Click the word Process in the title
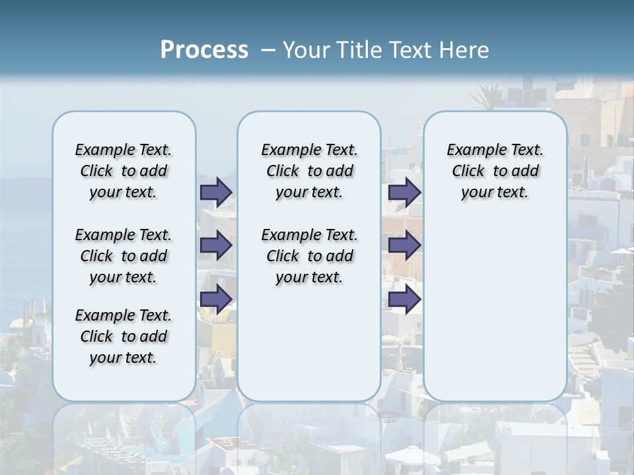(x=204, y=49)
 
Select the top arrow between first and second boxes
(x=215, y=192)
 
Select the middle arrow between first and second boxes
(x=215, y=245)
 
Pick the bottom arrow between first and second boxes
(x=215, y=299)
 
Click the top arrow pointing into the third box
(x=404, y=192)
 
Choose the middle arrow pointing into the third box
(x=404, y=245)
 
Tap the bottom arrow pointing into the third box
(x=404, y=299)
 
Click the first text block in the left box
(x=123, y=171)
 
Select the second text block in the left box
(x=123, y=256)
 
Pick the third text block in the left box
(x=123, y=336)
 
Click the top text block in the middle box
(x=309, y=171)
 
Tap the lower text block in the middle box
(x=309, y=256)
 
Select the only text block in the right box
(x=495, y=171)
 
